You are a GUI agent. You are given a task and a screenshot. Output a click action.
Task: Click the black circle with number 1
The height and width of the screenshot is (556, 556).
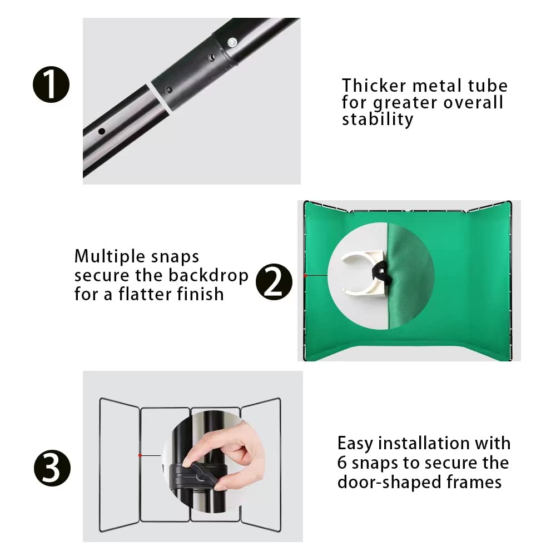(x=52, y=85)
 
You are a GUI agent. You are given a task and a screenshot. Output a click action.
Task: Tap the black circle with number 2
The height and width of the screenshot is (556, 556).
(x=274, y=282)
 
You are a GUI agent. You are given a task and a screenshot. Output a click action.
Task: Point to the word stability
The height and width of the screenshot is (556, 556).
(x=378, y=120)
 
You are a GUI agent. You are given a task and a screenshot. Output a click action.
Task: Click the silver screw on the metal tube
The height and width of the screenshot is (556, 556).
(x=232, y=42)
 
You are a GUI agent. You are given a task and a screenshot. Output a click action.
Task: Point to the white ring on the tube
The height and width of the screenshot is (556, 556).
(x=158, y=102)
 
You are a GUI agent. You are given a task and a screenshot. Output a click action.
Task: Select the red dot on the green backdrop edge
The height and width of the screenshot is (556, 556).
(x=305, y=275)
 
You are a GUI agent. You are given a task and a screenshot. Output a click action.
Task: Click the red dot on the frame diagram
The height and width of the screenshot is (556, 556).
(x=140, y=455)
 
